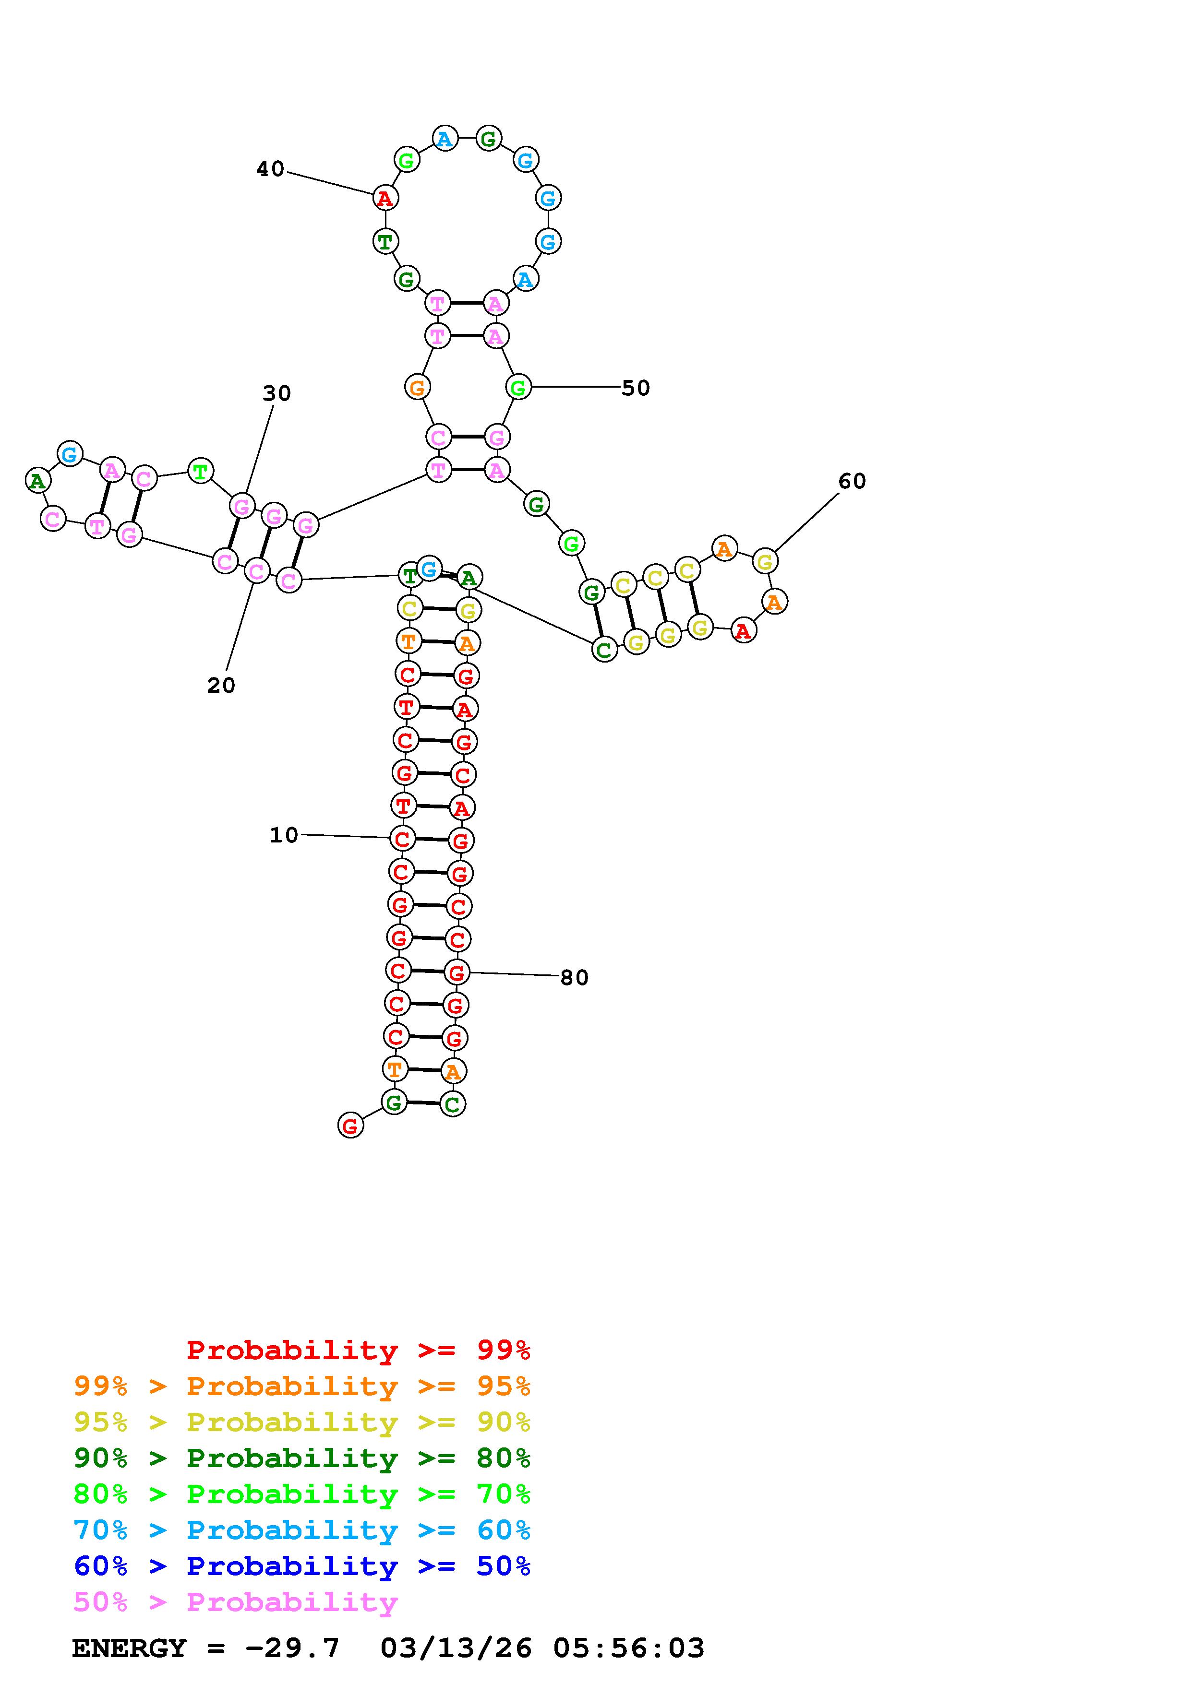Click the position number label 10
click(284, 835)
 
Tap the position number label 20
click(221, 686)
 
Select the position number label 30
click(276, 393)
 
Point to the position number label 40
click(270, 169)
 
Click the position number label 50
click(635, 388)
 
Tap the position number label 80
click(574, 977)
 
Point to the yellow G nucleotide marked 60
click(765, 561)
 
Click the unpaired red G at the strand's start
click(350, 1125)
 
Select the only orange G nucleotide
click(417, 387)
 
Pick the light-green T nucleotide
click(200, 471)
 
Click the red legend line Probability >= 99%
click(359, 1350)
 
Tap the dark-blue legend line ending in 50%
click(301, 1566)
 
